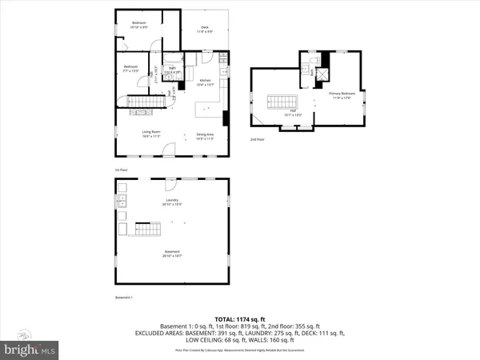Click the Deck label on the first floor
click(x=205, y=29)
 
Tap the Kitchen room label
click(x=205, y=82)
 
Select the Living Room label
click(x=151, y=135)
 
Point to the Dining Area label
click(x=204, y=136)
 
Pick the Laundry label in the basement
click(x=172, y=202)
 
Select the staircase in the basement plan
click(x=147, y=230)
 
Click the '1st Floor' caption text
click(x=121, y=170)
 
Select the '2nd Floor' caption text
click(x=257, y=139)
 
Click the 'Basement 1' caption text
click(x=123, y=298)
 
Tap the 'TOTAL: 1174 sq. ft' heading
click(x=240, y=318)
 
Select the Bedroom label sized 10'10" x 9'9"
click(x=140, y=26)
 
